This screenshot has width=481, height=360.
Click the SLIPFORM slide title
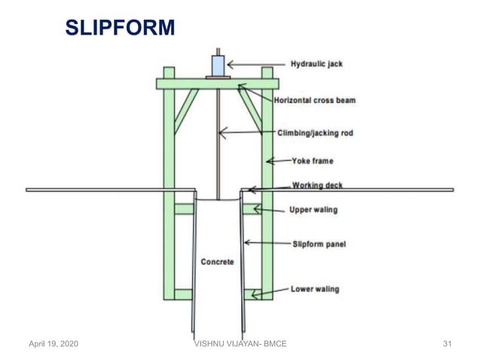120,29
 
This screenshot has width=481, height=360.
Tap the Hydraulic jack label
317,64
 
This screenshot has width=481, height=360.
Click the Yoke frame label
312,160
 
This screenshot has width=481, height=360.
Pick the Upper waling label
314,209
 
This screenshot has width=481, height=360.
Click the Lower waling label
314,288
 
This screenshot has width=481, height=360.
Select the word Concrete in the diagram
217,262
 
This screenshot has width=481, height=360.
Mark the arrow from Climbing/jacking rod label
245,133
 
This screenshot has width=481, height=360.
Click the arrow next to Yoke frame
280,160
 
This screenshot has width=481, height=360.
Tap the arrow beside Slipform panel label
265,243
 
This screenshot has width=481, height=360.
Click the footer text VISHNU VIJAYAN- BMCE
240,344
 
